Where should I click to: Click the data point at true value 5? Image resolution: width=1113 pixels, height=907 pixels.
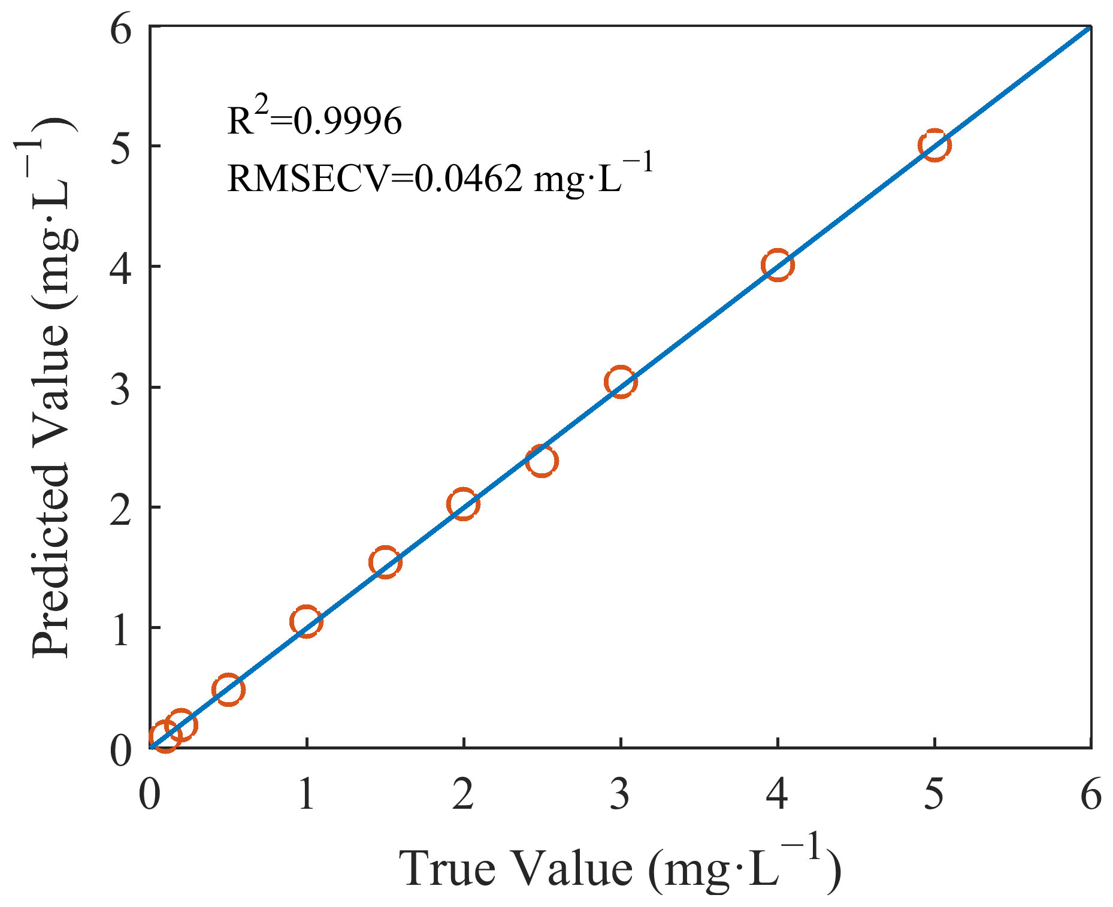point(934,145)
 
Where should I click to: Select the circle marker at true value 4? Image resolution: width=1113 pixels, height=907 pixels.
point(778,265)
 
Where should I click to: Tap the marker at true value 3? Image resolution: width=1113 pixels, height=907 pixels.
point(621,382)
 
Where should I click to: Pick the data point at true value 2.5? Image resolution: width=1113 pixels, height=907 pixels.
point(542,461)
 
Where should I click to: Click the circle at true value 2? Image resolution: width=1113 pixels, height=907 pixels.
point(463,504)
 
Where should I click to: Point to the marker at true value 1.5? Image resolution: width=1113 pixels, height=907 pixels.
point(385,562)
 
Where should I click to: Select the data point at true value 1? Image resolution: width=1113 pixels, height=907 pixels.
point(306,622)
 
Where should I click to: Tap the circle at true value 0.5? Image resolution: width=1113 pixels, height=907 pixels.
point(228,690)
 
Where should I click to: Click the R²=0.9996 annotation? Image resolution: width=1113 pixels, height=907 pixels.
point(314,120)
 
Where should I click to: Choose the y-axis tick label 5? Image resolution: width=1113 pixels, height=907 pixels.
point(121,146)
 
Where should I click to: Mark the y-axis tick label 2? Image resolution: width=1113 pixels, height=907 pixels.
point(121,508)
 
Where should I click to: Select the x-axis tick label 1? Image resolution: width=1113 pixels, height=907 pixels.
point(306,796)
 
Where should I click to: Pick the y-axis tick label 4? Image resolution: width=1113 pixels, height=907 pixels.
point(121,267)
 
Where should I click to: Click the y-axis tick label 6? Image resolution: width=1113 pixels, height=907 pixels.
point(121,30)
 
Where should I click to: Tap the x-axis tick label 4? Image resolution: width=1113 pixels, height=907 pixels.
point(778,796)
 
